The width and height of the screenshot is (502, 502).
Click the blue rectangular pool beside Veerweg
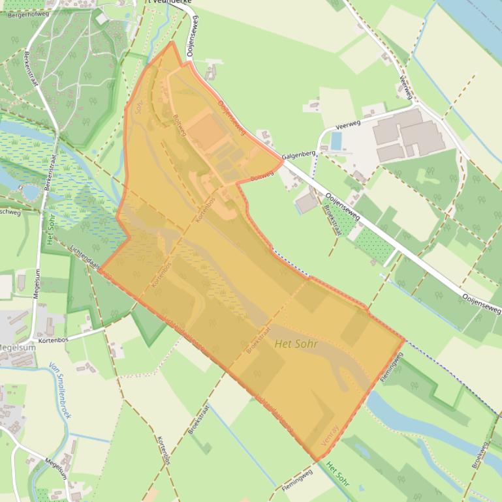tap(337, 141)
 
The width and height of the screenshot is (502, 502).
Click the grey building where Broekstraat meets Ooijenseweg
tap(307, 203)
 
